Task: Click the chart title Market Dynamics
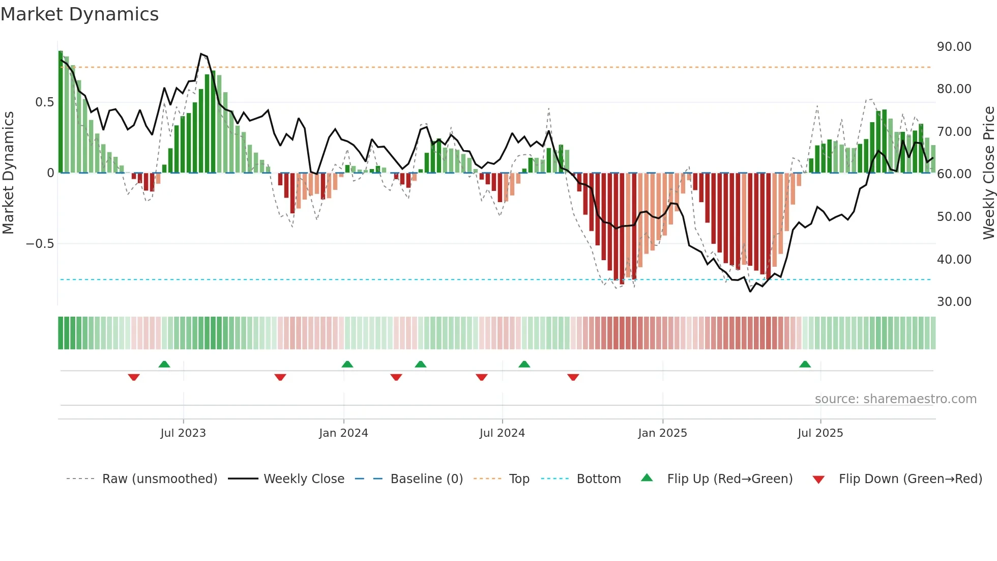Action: click(x=79, y=14)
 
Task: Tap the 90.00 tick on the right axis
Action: click(x=954, y=46)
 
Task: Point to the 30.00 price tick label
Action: click(x=954, y=301)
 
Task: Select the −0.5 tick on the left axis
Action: click(x=40, y=244)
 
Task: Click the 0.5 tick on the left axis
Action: click(x=44, y=102)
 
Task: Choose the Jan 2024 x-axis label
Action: click(x=343, y=433)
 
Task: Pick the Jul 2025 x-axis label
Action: click(x=820, y=433)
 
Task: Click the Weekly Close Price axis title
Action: click(x=988, y=173)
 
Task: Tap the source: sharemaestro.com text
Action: click(x=895, y=399)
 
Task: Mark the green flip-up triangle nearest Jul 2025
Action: click(x=805, y=364)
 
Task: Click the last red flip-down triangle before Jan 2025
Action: click(x=573, y=377)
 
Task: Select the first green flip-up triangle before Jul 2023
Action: click(x=164, y=364)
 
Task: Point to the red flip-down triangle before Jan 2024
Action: click(x=280, y=377)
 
